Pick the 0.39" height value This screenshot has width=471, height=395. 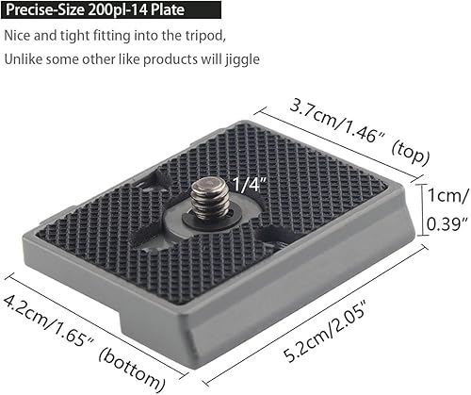[447, 223]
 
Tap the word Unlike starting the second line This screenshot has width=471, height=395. [23, 59]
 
